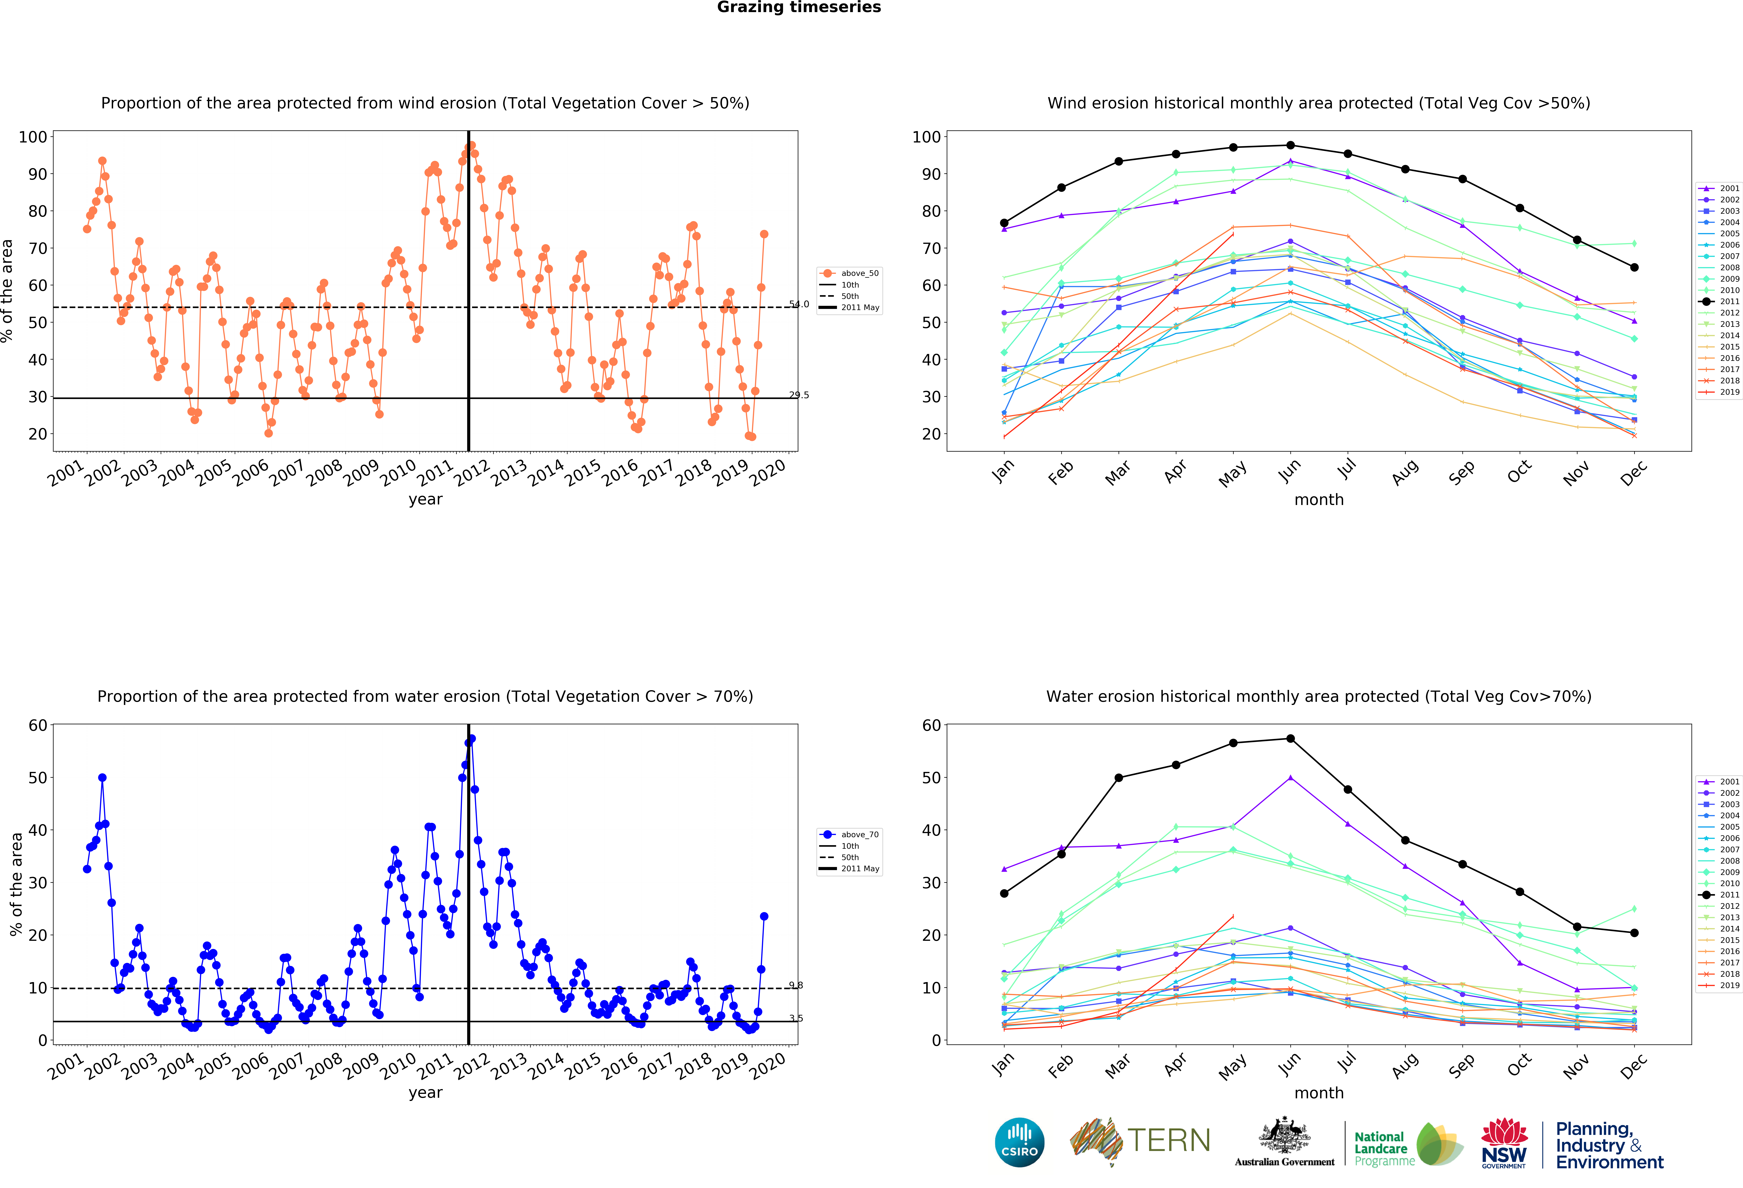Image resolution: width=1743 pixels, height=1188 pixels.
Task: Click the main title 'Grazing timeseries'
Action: click(799, 7)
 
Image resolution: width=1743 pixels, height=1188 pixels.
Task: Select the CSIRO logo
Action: click(1019, 1142)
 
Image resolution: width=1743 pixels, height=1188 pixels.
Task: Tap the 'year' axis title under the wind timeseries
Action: click(425, 499)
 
